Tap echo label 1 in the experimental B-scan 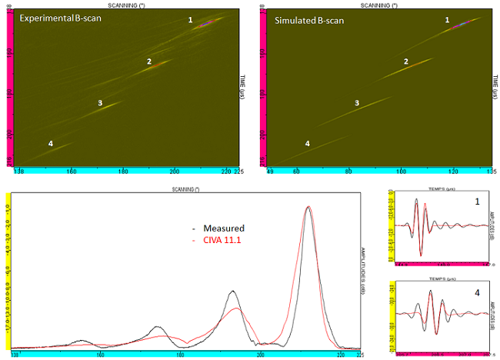191,21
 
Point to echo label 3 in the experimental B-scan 100,102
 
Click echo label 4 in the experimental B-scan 51,144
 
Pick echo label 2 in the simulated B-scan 405,61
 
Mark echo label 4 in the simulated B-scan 308,144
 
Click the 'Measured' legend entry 224,228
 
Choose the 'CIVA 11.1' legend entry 224,241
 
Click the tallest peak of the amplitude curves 308,207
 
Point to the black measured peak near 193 232,292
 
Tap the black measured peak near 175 156,327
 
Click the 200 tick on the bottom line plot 261,355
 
